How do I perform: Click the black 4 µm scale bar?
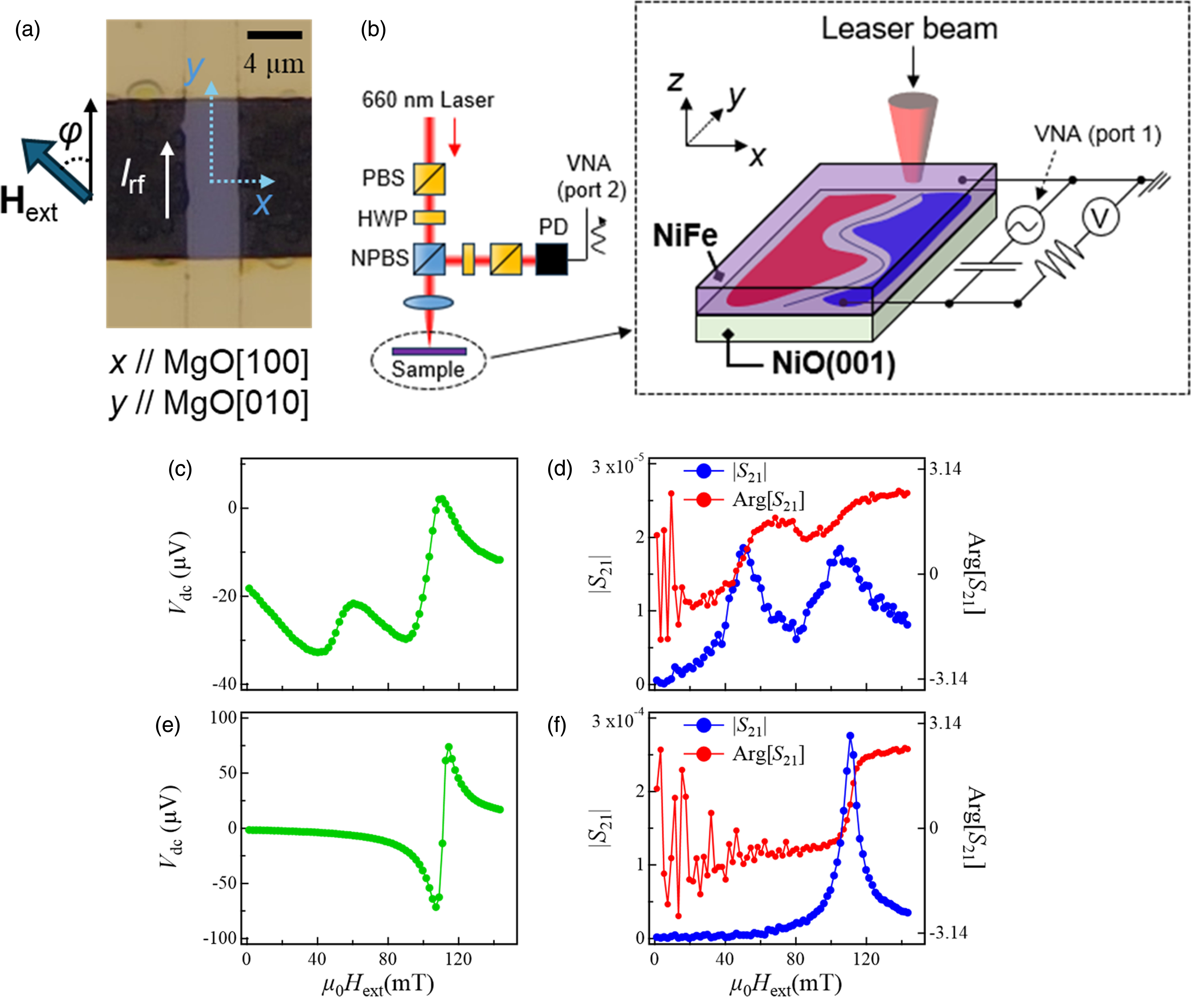click(x=274, y=35)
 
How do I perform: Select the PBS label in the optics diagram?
click(x=383, y=178)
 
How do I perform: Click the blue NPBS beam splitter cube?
click(x=429, y=259)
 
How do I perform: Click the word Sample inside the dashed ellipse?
click(x=428, y=369)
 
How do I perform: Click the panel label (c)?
click(x=180, y=469)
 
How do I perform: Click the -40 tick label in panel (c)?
click(x=225, y=684)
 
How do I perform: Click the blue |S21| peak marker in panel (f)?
click(x=850, y=736)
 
